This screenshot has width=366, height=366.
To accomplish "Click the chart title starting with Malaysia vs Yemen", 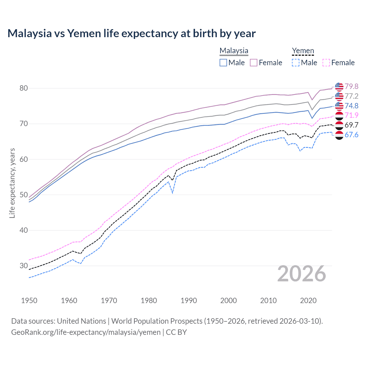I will tap(132, 33).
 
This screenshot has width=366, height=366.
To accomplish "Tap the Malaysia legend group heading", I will tap(234, 51).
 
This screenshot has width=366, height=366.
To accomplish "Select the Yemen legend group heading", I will tap(303, 51).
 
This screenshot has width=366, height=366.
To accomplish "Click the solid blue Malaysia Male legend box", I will tap(223, 63).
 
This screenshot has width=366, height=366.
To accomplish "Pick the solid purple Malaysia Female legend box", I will tap(254, 63).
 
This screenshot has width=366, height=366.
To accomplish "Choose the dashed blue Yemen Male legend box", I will tap(296, 63).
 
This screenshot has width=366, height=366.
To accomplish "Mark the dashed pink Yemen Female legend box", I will tap(326, 63).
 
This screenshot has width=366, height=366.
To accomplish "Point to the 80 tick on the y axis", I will tap(24, 88).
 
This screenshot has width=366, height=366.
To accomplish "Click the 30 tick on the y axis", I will tap(24, 266).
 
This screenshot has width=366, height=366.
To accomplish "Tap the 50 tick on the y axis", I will tap(24, 195).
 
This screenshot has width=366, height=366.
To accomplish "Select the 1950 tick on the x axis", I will tap(29, 301).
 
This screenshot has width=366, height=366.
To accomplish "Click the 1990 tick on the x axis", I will tap(189, 301).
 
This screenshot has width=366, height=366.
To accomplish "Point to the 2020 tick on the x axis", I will tap(308, 301).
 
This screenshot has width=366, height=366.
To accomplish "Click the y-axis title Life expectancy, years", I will tap(12, 183).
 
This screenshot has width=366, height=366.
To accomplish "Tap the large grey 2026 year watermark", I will tap(302, 274).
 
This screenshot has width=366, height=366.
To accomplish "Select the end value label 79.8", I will tap(351, 86).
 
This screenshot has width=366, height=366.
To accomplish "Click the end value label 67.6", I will tap(351, 135).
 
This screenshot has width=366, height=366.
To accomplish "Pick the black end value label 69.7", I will tap(351, 125).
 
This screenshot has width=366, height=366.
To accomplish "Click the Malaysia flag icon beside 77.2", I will tap(339, 96).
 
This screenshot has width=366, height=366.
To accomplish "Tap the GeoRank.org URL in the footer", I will tap(86, 332).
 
